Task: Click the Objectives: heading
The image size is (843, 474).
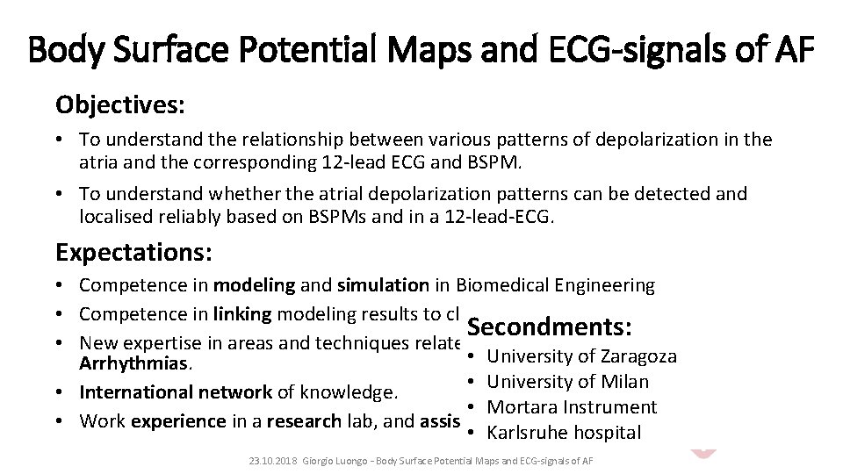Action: click(119, 105)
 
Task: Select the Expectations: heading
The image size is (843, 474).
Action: click(133, 253)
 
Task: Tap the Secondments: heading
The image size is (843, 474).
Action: click(550, 327)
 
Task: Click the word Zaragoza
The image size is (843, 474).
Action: click(638, 356)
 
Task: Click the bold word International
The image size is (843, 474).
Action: click(132, 391)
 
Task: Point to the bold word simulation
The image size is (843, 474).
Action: click(381, 285)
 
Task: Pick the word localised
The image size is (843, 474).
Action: click(114, 217)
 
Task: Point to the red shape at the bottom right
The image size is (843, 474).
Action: click(703, 452)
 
